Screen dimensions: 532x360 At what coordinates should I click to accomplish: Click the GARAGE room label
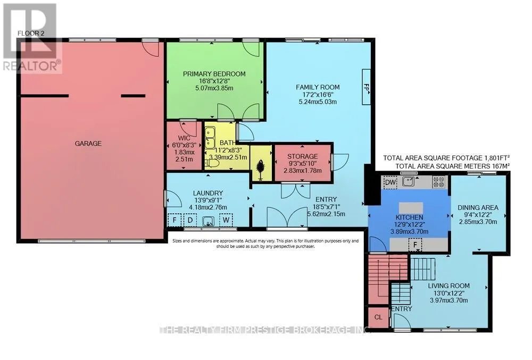88,144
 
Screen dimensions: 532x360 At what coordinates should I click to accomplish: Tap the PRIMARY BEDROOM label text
214,74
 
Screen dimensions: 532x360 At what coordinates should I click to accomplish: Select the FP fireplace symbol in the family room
367,87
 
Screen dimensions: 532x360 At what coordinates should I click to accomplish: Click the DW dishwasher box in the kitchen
390,182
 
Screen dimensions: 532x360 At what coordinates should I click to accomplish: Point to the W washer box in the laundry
226,220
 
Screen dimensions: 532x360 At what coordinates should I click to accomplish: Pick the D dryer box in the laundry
190,220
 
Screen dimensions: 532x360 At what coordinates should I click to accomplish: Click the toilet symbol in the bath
213,164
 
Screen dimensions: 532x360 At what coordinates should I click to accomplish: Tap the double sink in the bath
210,137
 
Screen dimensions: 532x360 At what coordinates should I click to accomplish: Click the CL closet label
378,317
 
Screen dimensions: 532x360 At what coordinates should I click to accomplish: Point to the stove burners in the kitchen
438,182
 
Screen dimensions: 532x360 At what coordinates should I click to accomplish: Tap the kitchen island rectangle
411,207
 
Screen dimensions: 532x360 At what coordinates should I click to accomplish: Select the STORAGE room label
303,156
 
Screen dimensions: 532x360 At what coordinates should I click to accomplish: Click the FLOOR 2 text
31,33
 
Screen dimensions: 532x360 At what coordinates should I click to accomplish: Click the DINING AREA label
478,207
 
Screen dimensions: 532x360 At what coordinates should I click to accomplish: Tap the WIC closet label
184,138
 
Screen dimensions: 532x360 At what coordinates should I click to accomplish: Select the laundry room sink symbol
208,222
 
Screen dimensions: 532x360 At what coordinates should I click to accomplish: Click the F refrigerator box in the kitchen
415,245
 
